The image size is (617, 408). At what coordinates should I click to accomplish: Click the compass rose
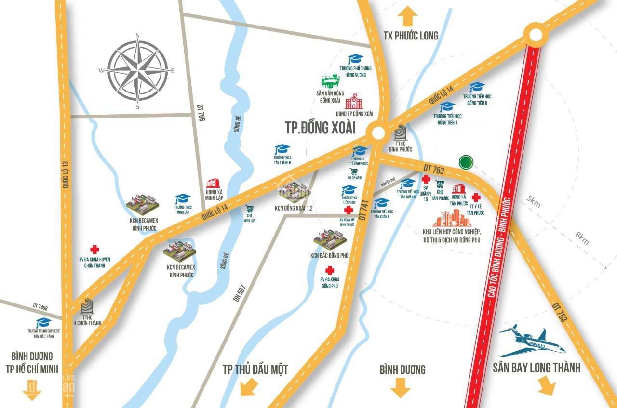click(x=137, y=70)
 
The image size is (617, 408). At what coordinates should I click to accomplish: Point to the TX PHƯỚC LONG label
click(x=411, y=36)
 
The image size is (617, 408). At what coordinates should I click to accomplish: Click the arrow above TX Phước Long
click(x=408, y=16)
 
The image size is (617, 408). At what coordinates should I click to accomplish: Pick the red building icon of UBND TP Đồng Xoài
click(x=355, y=102)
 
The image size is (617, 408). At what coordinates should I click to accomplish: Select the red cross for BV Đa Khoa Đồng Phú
click(x=330, y=270)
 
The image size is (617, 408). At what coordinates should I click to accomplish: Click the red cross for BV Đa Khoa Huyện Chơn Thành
click(x=95, y=249)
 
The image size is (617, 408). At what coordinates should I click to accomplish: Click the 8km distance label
click(x=582, y=238)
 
